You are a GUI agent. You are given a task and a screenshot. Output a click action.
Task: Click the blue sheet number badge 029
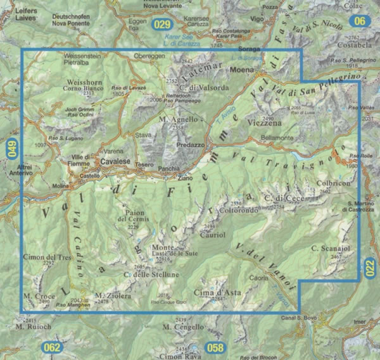coord(163,25)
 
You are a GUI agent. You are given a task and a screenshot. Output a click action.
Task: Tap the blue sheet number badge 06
coord(360,22)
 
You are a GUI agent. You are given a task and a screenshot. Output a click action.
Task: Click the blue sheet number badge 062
coord(53,347)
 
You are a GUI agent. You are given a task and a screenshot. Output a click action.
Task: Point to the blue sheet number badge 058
coord(216,347)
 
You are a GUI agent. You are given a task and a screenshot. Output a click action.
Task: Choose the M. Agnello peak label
coord(175,119)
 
